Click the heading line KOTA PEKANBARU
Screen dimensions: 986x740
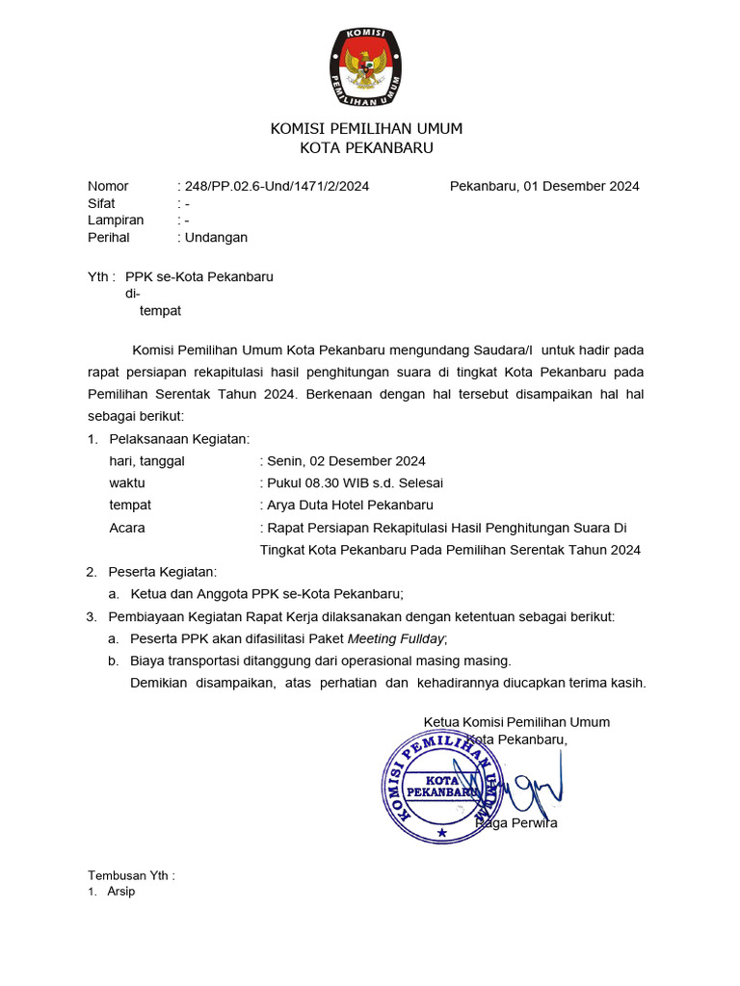366,147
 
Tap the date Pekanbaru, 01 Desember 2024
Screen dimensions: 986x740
544,186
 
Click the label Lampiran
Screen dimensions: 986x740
116,221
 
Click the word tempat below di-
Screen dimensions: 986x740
160,311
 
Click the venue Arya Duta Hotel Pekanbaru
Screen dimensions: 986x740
349,505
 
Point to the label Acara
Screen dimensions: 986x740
127,528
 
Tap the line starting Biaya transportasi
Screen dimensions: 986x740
321,661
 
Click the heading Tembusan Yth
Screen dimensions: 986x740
131,875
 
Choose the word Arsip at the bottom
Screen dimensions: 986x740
121,892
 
